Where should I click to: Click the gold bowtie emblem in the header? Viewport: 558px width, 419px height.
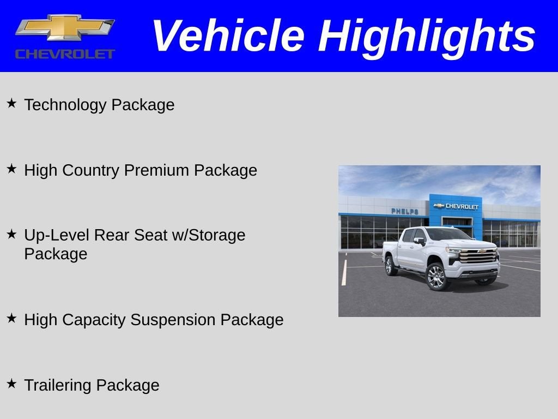64,27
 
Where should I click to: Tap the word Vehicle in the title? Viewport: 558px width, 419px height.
227,36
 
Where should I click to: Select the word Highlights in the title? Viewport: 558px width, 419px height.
427,36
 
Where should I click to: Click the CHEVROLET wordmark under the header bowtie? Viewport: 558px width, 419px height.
65,54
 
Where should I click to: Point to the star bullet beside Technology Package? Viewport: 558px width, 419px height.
11,103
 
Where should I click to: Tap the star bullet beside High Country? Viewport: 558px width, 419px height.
11,169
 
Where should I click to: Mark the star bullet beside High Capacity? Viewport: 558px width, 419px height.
11,318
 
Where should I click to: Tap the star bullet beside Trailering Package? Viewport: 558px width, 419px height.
11,384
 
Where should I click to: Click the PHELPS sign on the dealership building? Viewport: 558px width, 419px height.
404,211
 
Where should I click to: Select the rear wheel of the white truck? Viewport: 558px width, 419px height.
391,266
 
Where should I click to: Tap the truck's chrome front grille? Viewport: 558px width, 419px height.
478,256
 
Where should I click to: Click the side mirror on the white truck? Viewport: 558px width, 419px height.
420,241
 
